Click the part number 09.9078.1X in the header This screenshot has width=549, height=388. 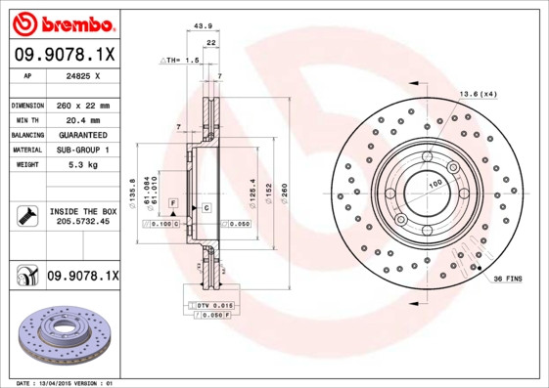click(65, 55)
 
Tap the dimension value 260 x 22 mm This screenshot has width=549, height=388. click(82, 105)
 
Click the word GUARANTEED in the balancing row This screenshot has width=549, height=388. click(82, 134)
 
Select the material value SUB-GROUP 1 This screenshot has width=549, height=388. click(82, 150)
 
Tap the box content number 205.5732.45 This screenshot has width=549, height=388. click(82, 223)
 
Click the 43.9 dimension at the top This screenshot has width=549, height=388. click(204, 25)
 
